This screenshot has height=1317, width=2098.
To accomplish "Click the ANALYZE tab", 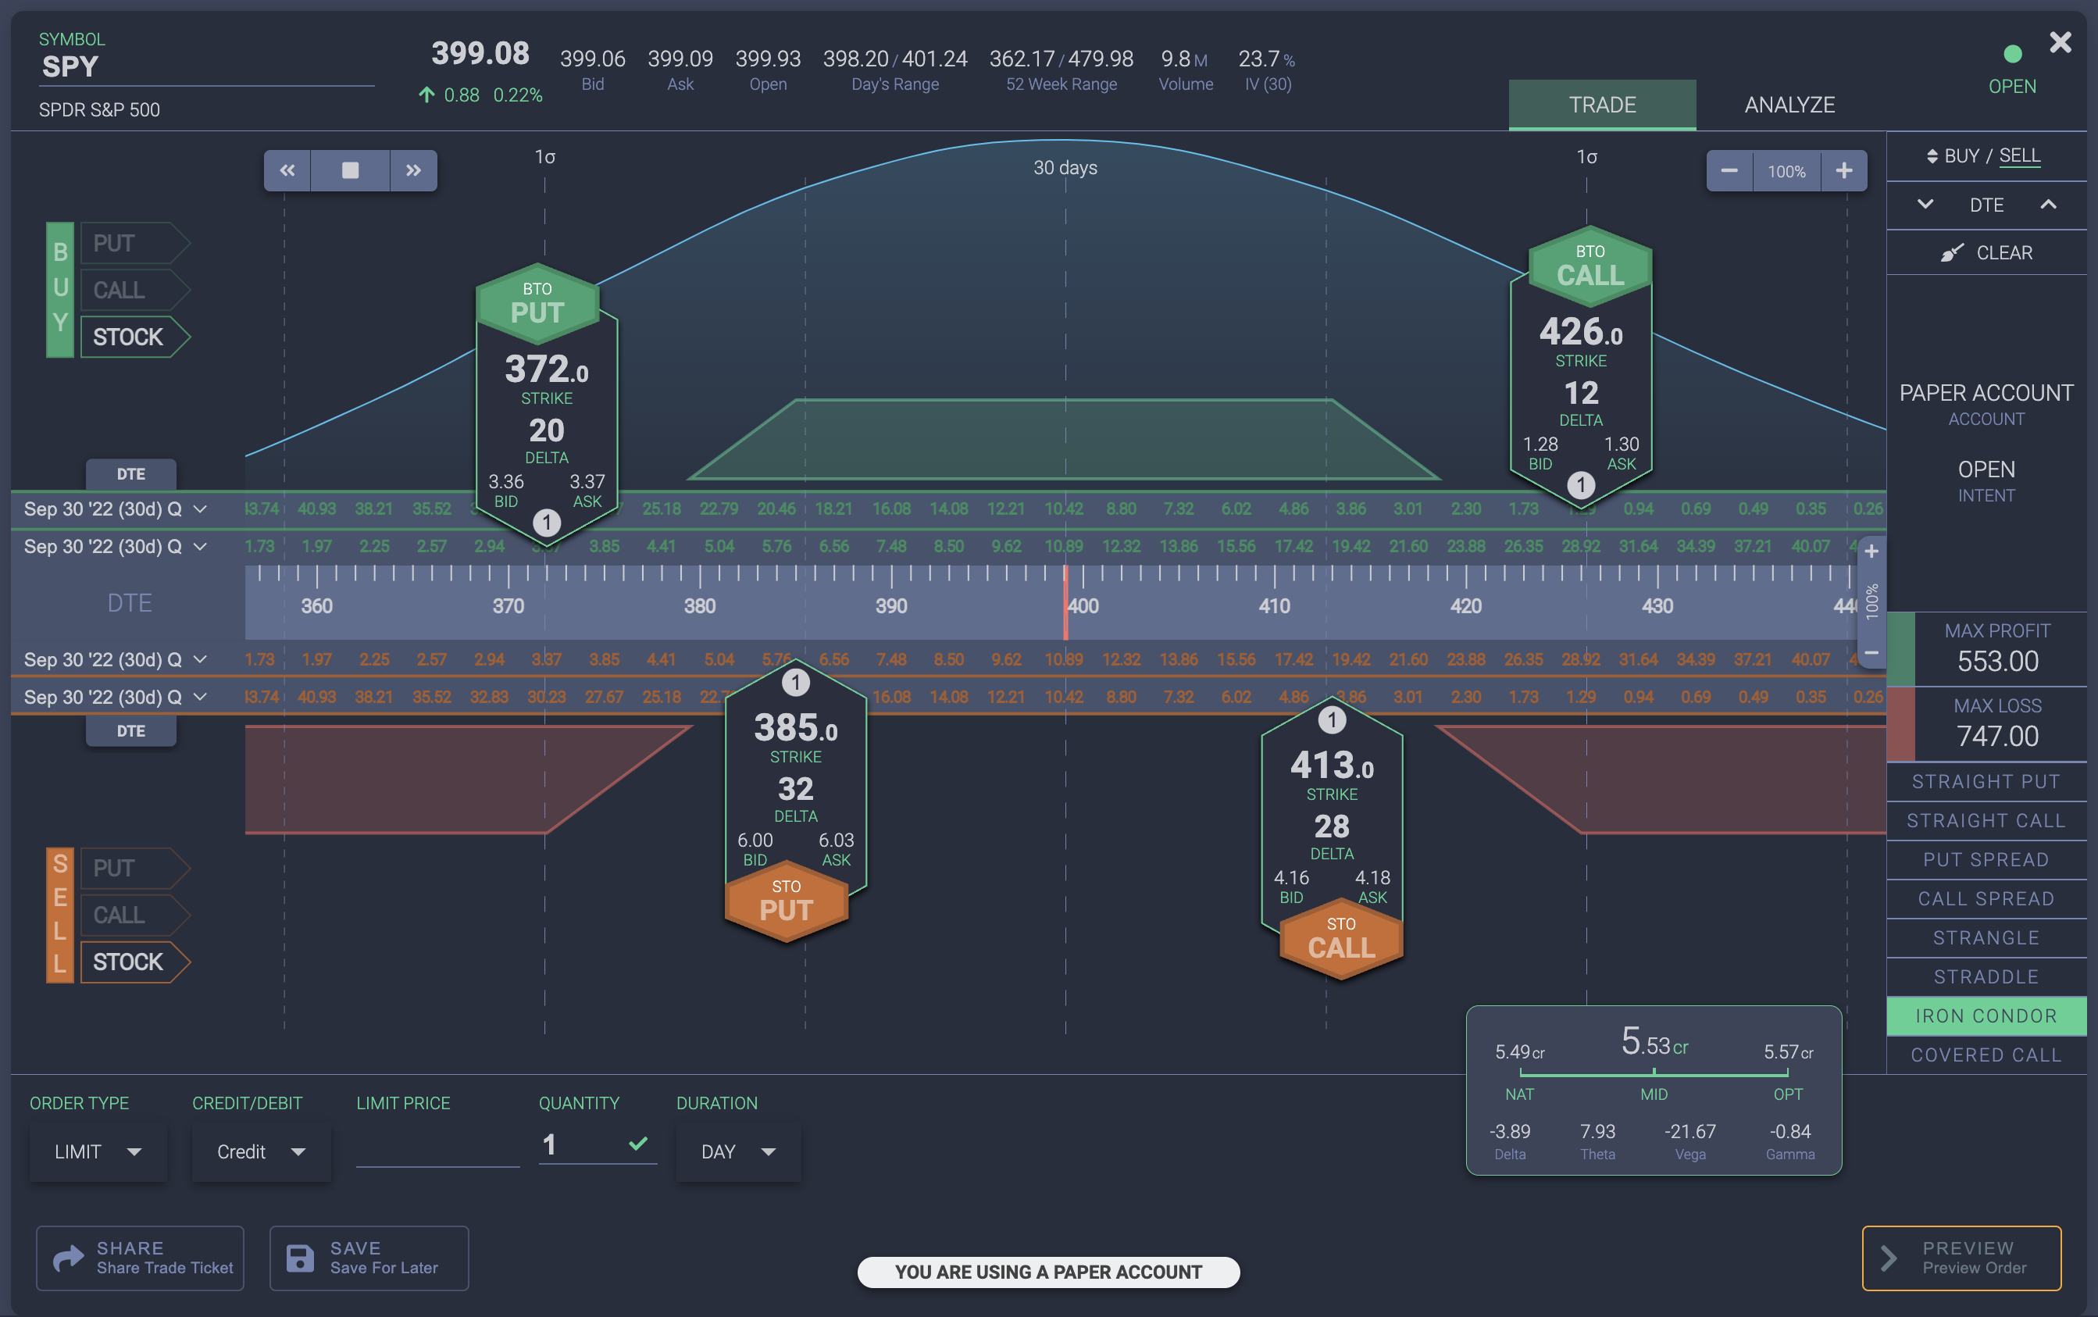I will (1789, 105).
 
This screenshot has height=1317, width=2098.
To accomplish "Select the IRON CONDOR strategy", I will (1985, 1015).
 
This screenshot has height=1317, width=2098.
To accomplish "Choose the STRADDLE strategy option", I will (1985, 976).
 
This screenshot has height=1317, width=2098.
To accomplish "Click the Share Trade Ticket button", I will (141, 1258).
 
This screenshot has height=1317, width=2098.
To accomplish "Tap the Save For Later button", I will (369, 1258).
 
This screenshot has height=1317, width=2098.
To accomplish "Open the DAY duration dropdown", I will (737, 1151).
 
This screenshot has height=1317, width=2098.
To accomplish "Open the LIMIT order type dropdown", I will (98, 1151).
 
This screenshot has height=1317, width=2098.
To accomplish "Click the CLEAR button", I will (1986, 252).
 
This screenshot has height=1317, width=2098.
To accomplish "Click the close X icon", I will (2060, 42).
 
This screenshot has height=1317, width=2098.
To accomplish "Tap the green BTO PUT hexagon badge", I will (537, 304).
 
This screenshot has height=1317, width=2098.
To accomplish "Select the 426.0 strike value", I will (1580, 332).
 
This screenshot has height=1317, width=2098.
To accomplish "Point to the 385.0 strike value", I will (795, 728).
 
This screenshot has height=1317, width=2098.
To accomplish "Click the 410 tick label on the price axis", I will (1273, 605).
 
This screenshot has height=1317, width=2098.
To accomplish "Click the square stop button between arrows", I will (350, 170).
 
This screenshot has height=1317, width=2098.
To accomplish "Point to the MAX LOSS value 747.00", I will (1997, 736).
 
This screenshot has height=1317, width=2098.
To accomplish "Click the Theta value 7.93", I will (1597, 1131).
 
